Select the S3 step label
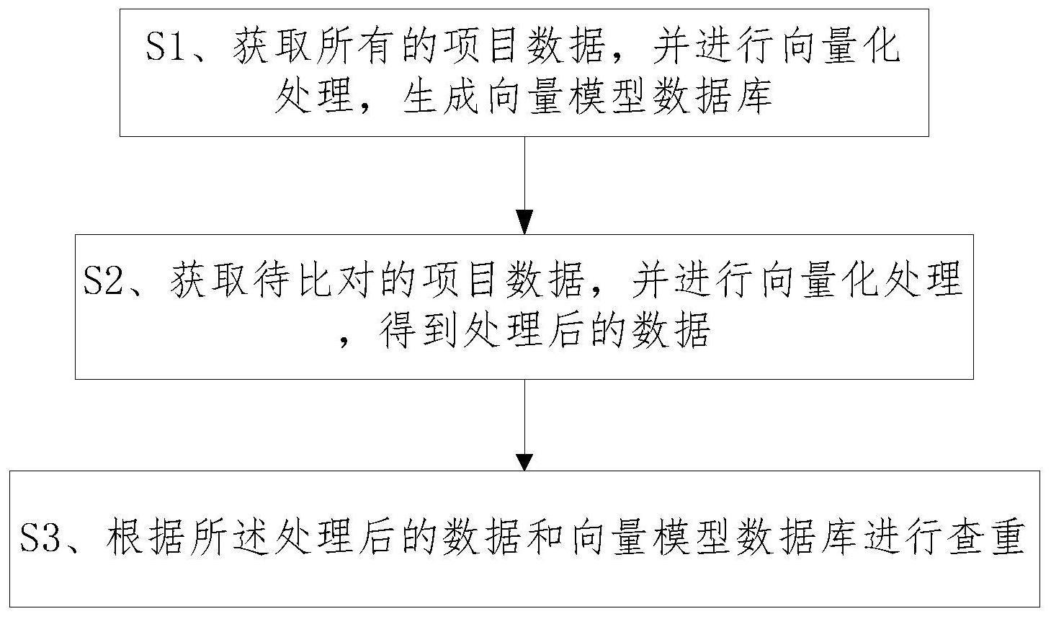(41, 538)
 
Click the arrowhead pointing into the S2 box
(524, 223)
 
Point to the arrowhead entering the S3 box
(524, 462)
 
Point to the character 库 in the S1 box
(754, 97)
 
